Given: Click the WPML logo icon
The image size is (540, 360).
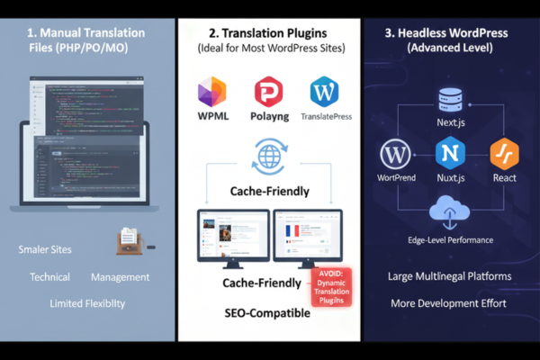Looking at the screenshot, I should click(x=211, y=93).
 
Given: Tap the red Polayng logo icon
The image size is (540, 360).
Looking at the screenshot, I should click(x=268, y=93).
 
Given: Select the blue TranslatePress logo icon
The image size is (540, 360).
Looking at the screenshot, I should click(x=324, y=93).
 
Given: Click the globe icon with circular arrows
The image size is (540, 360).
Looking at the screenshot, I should click(x=268, y=155).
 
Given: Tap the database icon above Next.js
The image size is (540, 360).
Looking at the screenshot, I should click(x=449, y=100).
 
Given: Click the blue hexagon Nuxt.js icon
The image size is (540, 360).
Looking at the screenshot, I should click(x=449, y=153).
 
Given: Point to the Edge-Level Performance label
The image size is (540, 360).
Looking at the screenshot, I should click(x=449, y=240).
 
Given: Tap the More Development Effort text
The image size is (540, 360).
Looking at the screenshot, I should click(x=449, y=303).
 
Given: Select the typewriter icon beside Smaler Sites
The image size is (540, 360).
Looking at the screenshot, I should click(x=130, y=241).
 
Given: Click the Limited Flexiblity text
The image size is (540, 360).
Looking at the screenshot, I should click(x=87, y=303).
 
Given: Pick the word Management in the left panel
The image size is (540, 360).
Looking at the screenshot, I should click(x=120, y=277).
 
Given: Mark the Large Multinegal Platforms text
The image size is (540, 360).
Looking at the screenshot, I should click(x=449, y=276).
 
